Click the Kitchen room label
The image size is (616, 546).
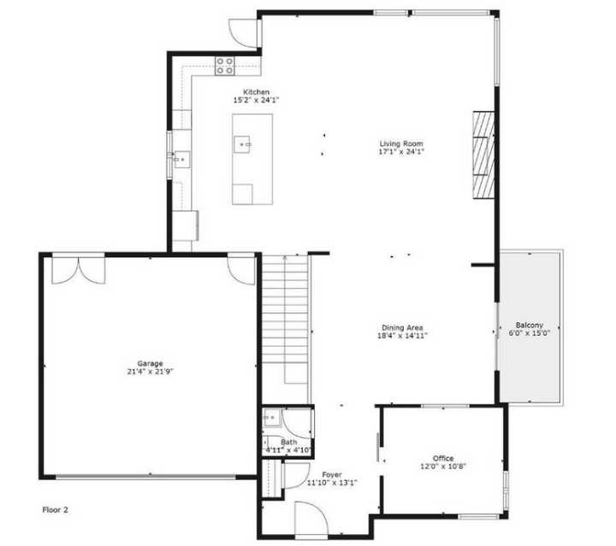coord(256,91)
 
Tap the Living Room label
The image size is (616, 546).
coord(401,144)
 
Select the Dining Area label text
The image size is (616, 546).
coord(402,328)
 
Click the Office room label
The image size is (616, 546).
coord(443,458)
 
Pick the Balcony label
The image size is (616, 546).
coord(529,326)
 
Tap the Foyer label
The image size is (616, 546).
coord(331,474)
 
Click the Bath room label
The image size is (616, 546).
coord(288,442)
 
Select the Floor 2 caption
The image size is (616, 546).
coord(55,510)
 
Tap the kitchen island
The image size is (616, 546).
coord(252,159)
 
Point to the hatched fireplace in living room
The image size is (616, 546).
coord(484,155)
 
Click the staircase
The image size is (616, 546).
coord(284,316)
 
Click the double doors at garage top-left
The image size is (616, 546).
coord(78,267)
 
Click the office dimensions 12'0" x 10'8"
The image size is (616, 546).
coord(443,467)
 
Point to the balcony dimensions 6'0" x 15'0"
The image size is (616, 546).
coord(529,334)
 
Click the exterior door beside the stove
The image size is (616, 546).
coord(244,31)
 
